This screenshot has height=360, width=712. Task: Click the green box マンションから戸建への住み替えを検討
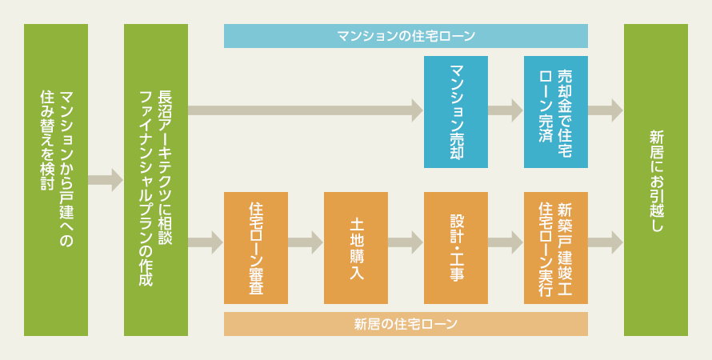(x=56, y=180)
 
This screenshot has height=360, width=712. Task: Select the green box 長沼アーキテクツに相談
(x=156, y=180)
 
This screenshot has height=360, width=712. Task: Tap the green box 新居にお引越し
(x=656, y=180)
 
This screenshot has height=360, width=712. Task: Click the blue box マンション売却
(x=456, y=112)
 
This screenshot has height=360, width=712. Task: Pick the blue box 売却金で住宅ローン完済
(x=556, y=112)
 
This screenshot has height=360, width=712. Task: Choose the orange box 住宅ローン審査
(x=256, y=248)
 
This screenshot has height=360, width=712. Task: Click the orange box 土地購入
(x=355, y=248)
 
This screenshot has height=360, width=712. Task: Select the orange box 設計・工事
(x=456, y=248)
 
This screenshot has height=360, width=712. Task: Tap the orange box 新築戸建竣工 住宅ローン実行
(x=556, y=248)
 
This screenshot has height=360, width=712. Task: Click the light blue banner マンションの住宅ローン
(x=406, y=36)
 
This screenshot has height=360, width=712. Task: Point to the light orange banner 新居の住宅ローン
(x=406, y=324)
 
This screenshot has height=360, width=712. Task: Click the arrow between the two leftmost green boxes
(x=106, y=180)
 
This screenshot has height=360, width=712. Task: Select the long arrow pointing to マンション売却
(x=306, y=110)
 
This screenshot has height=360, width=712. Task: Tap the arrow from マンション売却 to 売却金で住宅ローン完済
(x=506, y=110)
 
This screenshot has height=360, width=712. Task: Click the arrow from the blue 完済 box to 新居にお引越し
(x=606, y=110)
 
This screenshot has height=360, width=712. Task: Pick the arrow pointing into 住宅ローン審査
(x=206, y=242)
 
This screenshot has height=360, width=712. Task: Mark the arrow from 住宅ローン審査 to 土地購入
(x=305, y=242)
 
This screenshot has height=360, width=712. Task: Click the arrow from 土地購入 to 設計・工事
(x=406, y=242)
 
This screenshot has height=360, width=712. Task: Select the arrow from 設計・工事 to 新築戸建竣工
(x=506, y=242)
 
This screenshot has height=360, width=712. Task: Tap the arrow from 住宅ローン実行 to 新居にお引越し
(x=606, y=242)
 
